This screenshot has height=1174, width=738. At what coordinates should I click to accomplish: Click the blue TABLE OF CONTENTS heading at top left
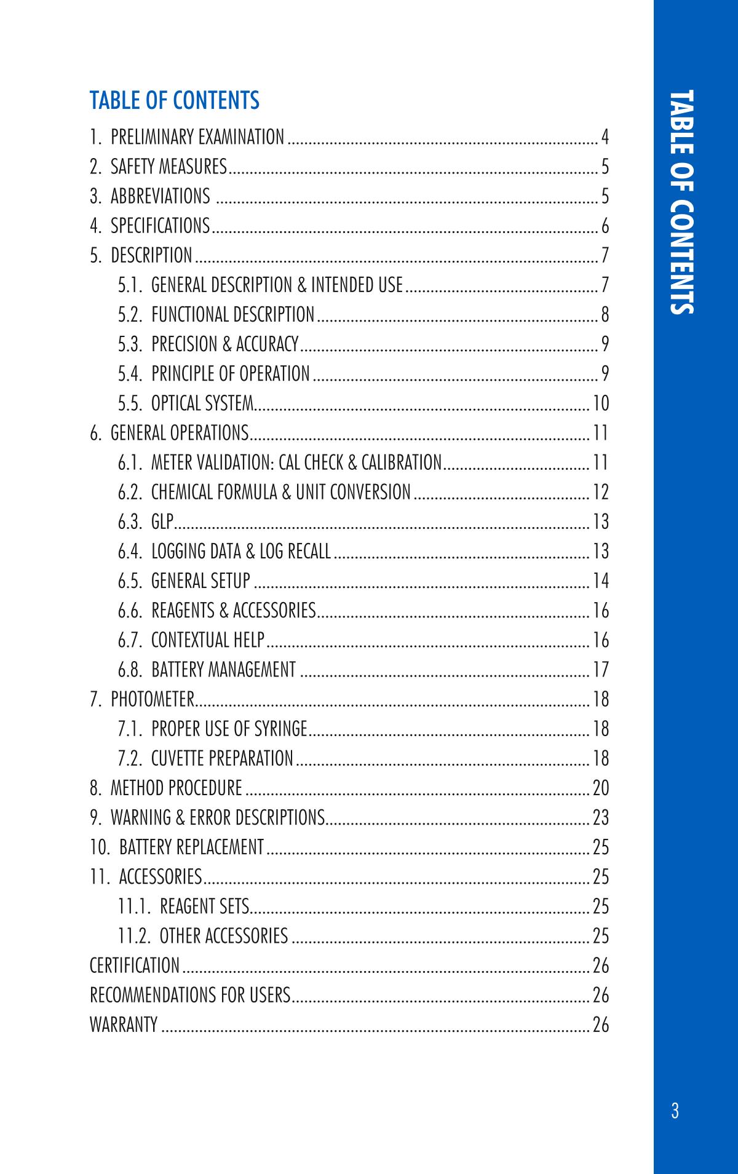(x=175, y=100)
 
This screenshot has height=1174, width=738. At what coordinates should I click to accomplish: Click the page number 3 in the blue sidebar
(x=675, y=1111)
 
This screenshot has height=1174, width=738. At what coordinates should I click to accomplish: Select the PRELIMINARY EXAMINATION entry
(x=197, y=137)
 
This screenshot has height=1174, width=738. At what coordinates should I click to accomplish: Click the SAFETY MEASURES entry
(x=169, y=166)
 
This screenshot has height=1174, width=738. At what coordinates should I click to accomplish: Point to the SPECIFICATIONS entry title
(x=160, y=226)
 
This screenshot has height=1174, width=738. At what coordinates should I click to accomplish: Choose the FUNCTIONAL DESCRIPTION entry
(x=232, y=314)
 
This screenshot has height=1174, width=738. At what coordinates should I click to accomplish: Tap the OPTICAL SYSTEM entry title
(x=202, y=403)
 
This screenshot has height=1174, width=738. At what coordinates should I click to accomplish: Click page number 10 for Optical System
(x=600, y=403)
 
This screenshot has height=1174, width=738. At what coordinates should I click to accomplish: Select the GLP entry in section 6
(x=162, y=522)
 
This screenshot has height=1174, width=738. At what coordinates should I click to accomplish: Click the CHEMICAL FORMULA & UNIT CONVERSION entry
(x=280, y=492)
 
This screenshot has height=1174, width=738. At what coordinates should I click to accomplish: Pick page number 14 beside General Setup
(x=600, y=581)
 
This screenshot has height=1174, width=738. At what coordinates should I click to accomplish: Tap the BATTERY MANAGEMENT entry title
(x=223, y=669)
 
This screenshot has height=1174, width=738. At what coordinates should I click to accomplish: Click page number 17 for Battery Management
(x=600, y=669)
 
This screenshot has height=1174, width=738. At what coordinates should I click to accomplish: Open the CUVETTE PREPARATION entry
(x=222, y=758)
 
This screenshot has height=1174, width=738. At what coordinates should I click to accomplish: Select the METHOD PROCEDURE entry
(x=176, y=788)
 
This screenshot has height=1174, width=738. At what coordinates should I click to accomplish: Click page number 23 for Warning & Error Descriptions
(x=600, y=817)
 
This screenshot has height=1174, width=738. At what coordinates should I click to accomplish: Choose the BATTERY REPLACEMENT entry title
(x=191, y=847)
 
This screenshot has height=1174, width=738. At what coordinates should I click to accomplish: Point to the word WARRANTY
(x=124, y=1025)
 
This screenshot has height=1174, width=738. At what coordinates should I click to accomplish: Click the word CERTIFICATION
(x=135, y=966)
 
